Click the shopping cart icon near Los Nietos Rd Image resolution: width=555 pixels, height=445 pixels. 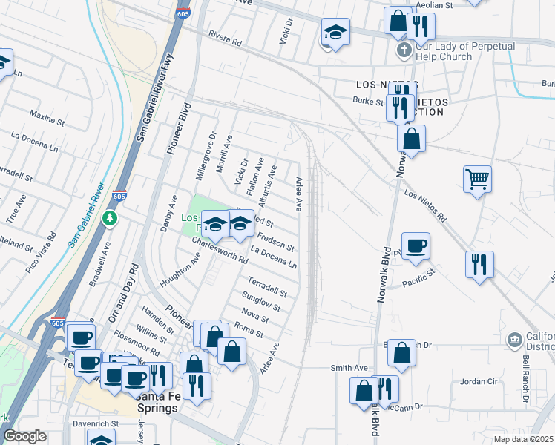click(x=477, y=178)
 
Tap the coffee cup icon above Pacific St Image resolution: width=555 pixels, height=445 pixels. click(x=416, y=245)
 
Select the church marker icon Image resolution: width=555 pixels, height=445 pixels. click(x=403, y=50)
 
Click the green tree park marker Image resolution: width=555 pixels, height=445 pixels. click(x=111, y=218)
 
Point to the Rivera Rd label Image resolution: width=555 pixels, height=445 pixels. click(x=226, y=39)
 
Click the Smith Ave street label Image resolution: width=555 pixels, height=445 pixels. click(x=349, y=367)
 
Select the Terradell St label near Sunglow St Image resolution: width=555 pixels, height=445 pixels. click(x=267, y=288)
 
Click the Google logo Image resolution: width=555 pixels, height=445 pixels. click(x=24, y=437)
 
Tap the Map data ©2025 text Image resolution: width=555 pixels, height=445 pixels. click(x=524, y=439)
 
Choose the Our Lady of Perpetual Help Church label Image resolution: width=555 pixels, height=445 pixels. click(x=444, y=50)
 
